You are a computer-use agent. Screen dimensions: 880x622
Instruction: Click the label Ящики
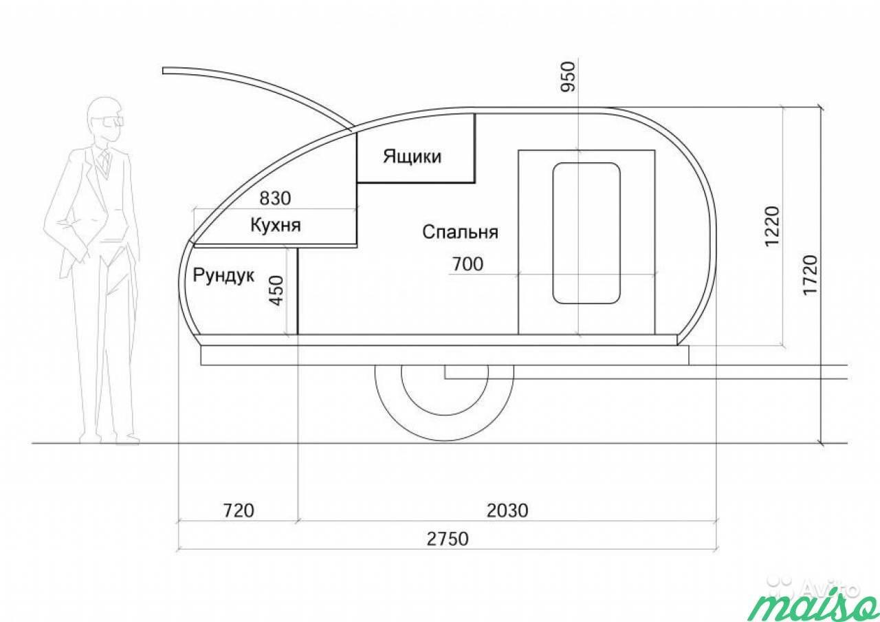pos(412,156)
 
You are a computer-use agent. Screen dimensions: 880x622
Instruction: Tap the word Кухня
pos(276,225)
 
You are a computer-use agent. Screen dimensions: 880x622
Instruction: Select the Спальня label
pos(460,232)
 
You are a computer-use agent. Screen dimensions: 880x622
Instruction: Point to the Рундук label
pos(223,276)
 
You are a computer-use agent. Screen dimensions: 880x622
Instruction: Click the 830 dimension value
pos(275,198)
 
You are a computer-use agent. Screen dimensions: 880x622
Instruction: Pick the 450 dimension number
pos(277,291)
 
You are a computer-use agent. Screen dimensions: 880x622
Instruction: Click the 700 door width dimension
pos(467,264)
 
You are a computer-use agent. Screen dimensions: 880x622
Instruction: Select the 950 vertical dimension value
pos(568,76)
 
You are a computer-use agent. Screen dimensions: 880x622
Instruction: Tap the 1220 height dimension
pos(771,226)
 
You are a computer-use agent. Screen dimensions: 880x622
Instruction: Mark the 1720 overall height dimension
pos(810,275)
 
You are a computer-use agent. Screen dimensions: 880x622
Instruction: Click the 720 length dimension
pos(239,511)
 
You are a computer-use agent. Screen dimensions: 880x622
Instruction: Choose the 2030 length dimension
pos(507,511)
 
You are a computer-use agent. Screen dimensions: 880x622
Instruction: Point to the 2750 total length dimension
pos(448,539)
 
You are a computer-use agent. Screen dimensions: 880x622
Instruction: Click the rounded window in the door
pos(586,233)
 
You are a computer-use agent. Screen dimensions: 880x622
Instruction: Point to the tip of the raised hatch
pos(164,71)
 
